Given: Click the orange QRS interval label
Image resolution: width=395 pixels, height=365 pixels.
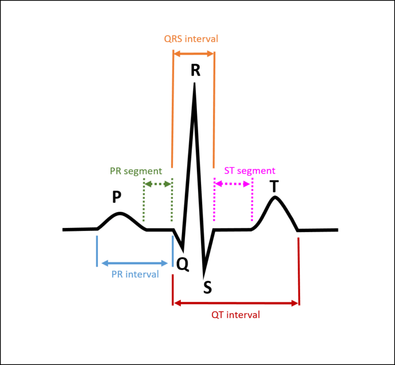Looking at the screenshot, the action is (191, 39).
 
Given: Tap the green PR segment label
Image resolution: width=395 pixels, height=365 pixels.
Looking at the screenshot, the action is (136, 171).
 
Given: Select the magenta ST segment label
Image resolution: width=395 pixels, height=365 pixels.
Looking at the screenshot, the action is (250, 171).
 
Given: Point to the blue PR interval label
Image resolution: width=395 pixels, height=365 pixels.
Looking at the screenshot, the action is (135, 274).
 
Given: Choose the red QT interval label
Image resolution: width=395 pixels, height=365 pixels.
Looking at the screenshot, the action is (236, 315).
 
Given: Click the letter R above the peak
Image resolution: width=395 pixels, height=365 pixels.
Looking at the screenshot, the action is (195, 70).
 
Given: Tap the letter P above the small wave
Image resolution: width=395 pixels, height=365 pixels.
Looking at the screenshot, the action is (117, 197).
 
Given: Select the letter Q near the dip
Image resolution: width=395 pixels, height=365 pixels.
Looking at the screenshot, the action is (182, 264).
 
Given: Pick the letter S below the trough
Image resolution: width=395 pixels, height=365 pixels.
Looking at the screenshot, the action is (207, 287).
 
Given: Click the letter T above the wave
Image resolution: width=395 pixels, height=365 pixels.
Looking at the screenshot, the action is (274, 186).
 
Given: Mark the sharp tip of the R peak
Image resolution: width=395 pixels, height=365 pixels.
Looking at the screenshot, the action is (194, 83).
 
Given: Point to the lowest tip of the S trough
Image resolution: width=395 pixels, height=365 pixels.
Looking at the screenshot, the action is (204, 277).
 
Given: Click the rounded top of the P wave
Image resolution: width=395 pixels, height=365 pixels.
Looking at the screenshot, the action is (120, 213).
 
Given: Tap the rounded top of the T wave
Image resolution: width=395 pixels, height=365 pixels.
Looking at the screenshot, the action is (275, 198).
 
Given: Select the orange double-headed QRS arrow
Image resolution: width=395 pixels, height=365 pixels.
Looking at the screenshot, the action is (194, 53).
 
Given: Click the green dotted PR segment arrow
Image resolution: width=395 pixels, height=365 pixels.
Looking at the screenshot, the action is (158, 184).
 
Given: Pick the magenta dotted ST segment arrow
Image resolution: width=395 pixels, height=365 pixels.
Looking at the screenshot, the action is (232, 184).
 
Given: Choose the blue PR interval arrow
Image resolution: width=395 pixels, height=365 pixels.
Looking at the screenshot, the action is (134, 263).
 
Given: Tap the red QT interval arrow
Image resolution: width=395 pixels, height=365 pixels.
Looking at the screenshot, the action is (236, 303).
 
